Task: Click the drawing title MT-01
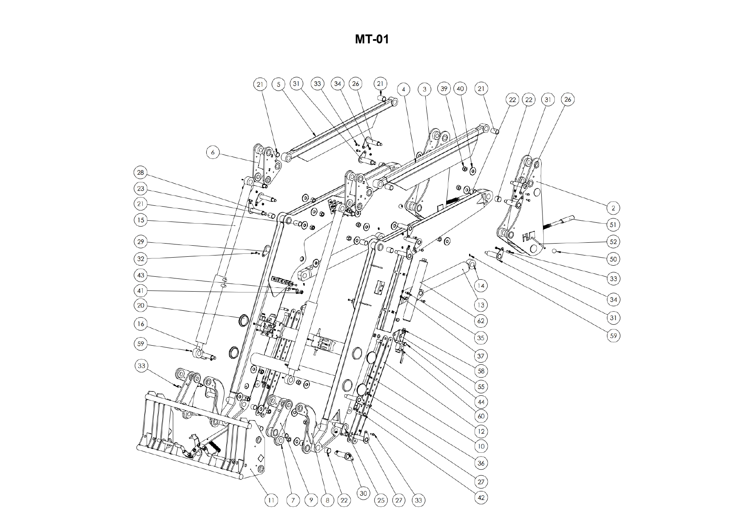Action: pyautogui.click(x=372, y=40)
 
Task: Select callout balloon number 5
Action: pyautogui.click(x=278, y=84)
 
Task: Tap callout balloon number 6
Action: pyautogui.click(x=214, y=152)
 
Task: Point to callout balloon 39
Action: pyautogui.click(x=444, y=88)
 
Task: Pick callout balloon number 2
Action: pyautogui.click(x=613, y=208)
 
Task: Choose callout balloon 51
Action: pyautogui.click(x=613, y=224)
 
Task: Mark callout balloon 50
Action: pyautogui.click(x=613, y=258)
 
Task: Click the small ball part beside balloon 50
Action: pyautogui.click(x=554, y=251)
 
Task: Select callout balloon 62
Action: pyautogui.click(x=481, y=321)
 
